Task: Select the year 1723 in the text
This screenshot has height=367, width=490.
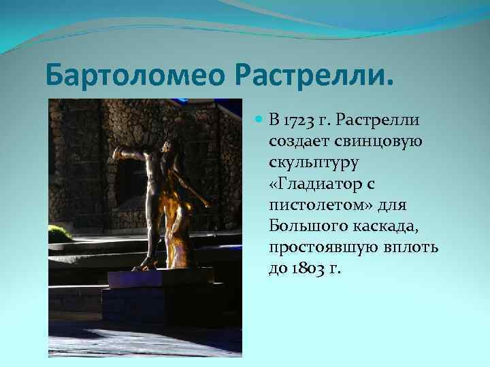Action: tap(299, 121)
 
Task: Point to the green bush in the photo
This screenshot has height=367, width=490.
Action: tap(59, 232)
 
